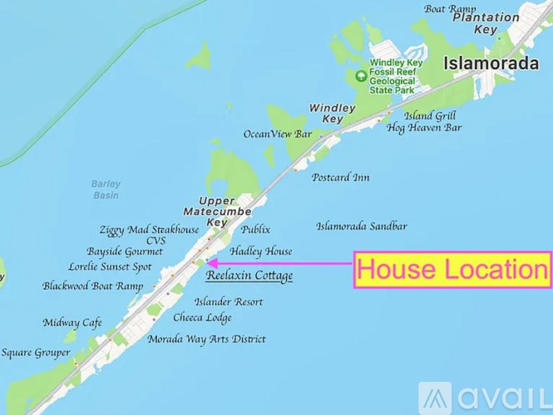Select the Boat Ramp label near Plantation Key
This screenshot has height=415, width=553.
tap(450, 9)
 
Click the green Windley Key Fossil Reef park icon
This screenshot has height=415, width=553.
tap(360, 76)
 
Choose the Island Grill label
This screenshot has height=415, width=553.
tap(432, 115)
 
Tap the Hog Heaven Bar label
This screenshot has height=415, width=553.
tap(424, 128)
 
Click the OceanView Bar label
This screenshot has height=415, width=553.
tap(277, 134)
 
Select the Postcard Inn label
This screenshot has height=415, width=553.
tap(341, 178)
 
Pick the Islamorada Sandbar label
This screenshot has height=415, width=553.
tap(362, 226)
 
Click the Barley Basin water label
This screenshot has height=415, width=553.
tap(106, 189)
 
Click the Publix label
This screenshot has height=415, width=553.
tap(255, 229)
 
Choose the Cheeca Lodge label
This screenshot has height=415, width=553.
tap(202, 318)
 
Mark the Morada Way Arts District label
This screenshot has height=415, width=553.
tap(206, 339)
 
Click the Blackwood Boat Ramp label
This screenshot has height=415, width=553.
tap(93, 286)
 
